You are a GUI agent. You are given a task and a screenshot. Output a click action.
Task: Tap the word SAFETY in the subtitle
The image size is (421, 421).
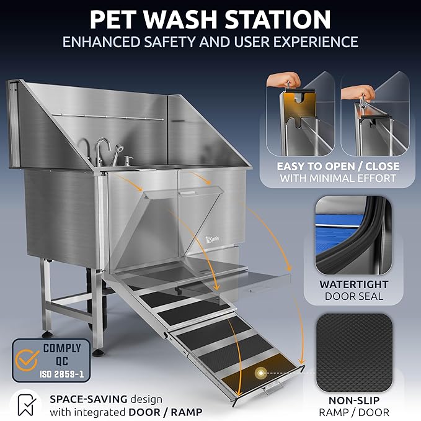(174, 42)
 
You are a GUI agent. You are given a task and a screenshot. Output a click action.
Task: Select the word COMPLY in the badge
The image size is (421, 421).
(62, 348)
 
